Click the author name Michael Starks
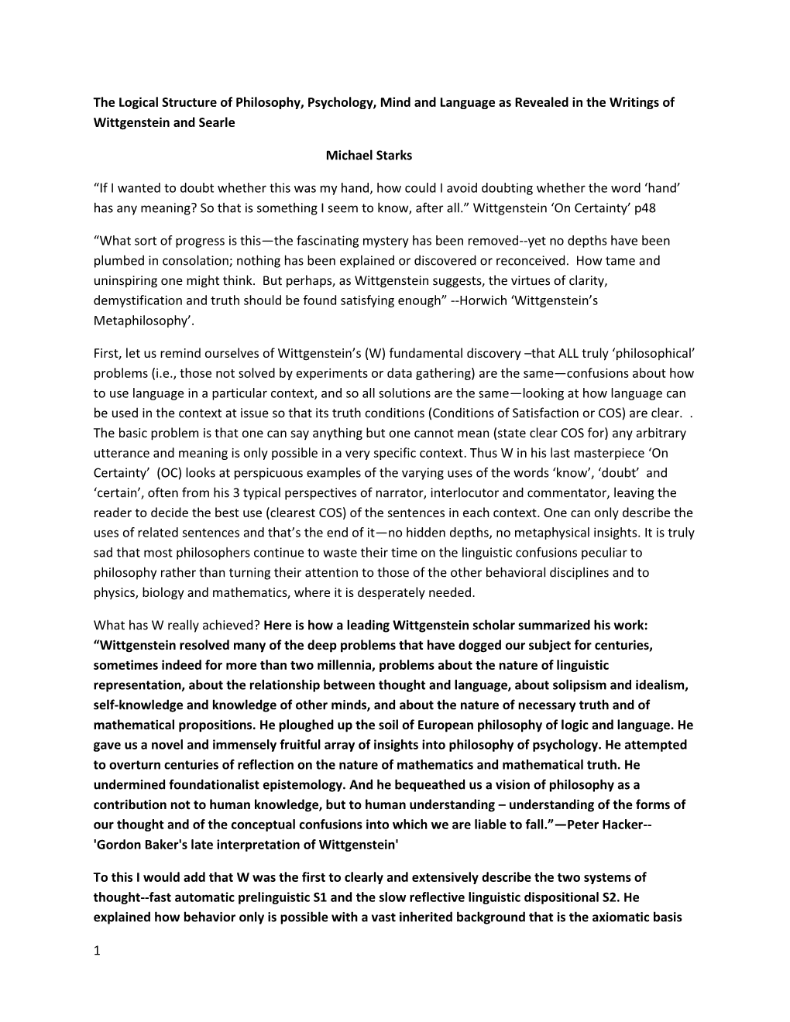369,155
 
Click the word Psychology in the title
336,102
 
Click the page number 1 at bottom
98,951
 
